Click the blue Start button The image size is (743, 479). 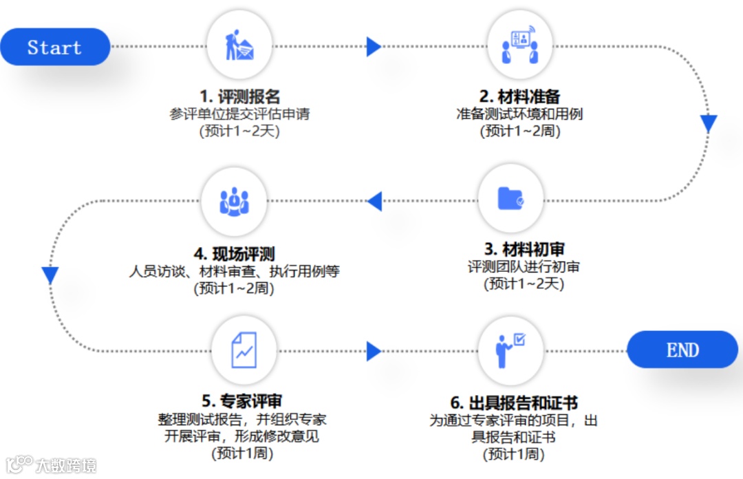55,47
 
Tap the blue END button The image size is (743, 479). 682,350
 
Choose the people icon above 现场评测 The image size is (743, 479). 234,200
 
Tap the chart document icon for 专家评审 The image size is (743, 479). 244,350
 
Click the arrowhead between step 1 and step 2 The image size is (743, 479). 374,47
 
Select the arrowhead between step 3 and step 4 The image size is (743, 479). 374,201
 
